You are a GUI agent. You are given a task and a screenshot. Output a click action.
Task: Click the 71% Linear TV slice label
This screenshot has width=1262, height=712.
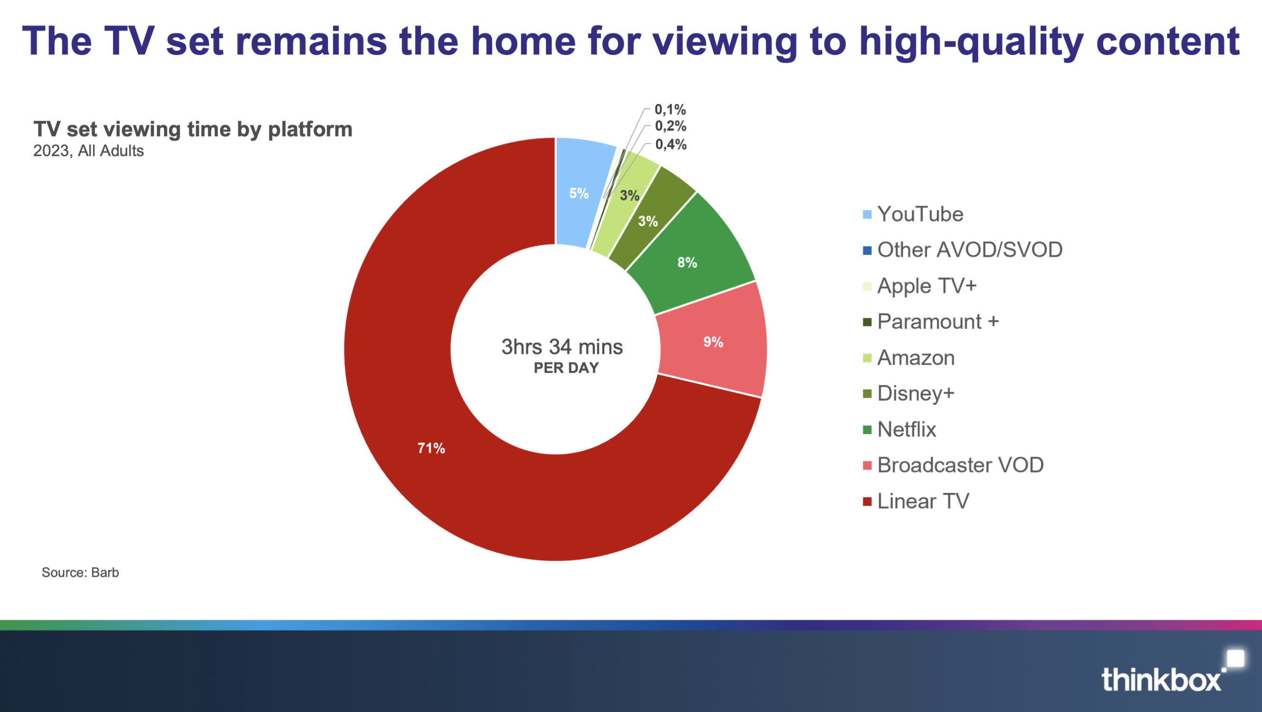pos(431,448)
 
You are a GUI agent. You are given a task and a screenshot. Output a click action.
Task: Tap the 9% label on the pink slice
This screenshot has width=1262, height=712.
pos(713,342)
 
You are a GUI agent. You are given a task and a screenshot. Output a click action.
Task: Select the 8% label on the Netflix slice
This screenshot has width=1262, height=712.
pos(687,263)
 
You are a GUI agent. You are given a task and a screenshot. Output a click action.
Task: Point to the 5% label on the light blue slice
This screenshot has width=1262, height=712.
pos(579,193)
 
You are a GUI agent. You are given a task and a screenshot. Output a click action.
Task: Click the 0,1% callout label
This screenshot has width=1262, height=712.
pos(670,110)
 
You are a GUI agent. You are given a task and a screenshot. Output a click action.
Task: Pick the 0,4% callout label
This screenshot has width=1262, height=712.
pos(671,144)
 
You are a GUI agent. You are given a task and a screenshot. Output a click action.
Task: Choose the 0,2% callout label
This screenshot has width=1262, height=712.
pos(671,126)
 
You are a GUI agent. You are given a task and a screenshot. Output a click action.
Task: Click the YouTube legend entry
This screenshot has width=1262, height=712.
pos(913,214)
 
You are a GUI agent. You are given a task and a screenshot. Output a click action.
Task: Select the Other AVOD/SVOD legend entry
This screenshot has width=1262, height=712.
pos(962,250)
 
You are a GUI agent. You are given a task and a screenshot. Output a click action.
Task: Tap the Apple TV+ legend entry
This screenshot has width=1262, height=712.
pos(919,286)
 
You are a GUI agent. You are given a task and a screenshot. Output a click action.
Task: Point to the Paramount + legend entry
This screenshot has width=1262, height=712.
pos(931,322)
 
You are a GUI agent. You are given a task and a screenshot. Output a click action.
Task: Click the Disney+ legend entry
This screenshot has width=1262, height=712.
pos(909,393)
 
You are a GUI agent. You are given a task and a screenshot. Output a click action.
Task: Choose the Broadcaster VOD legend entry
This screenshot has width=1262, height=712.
pos(953,465)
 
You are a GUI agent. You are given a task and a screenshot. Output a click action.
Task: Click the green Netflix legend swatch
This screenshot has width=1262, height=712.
pos(867,430)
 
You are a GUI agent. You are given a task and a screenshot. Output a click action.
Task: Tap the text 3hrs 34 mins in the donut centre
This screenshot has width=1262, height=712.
pos(562,347)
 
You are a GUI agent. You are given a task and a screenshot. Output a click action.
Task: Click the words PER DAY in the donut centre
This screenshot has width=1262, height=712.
pos(566,368)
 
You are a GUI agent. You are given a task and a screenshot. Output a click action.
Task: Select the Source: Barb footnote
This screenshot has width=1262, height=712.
pos(81,572)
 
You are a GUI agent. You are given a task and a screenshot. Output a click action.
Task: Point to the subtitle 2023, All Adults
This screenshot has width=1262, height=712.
pos(89,151)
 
